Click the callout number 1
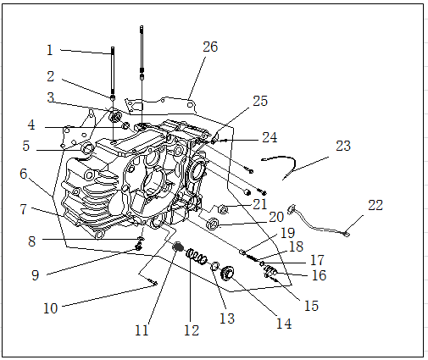50,50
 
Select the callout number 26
210,47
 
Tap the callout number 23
343,146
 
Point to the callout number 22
375,205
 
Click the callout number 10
51,308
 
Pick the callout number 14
284,324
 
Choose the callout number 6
24,174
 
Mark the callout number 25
260,101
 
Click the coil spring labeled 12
197,257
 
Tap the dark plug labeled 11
178,246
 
